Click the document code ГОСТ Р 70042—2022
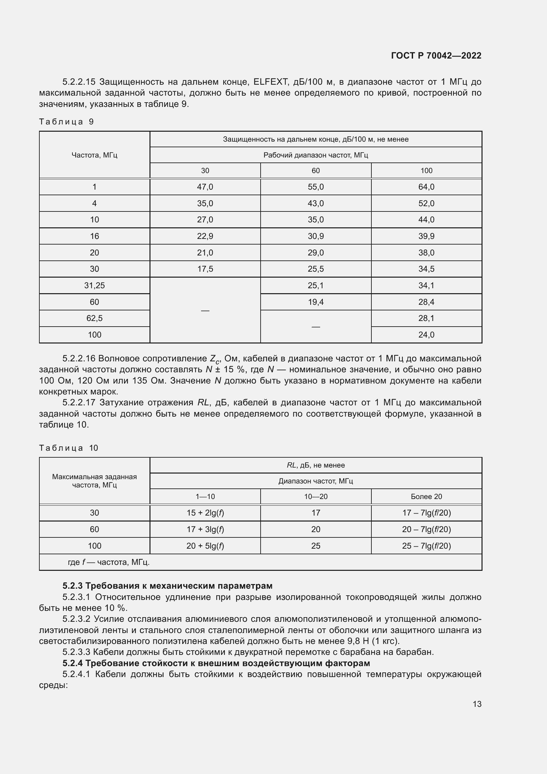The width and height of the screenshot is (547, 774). pos(436,56)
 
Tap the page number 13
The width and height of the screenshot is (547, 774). pos(477,704)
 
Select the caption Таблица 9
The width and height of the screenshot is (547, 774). pos(66,122)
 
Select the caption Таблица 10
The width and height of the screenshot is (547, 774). pos(68,448)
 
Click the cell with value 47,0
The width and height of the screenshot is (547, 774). pos(205,187)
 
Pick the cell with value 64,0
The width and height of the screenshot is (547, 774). pos(426,187)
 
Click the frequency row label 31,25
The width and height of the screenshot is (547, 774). pos(94,286)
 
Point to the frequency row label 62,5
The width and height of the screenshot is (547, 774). pos(94,318)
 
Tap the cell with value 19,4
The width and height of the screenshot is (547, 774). pos(316,302)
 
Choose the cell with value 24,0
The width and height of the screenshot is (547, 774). pos(426,335)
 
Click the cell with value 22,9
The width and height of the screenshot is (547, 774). pos(205,236)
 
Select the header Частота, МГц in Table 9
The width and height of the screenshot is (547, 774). pos(94,155)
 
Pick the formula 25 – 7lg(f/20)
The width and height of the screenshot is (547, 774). pos(426,546)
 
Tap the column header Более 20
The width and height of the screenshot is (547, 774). pos(426,497)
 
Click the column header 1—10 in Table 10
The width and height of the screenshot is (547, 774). pos(205,497)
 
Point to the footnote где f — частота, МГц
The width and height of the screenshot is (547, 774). pos(108,562)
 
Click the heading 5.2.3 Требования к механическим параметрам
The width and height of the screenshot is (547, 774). pos(167,586)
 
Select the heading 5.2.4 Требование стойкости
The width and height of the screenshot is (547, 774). pos(216,663)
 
